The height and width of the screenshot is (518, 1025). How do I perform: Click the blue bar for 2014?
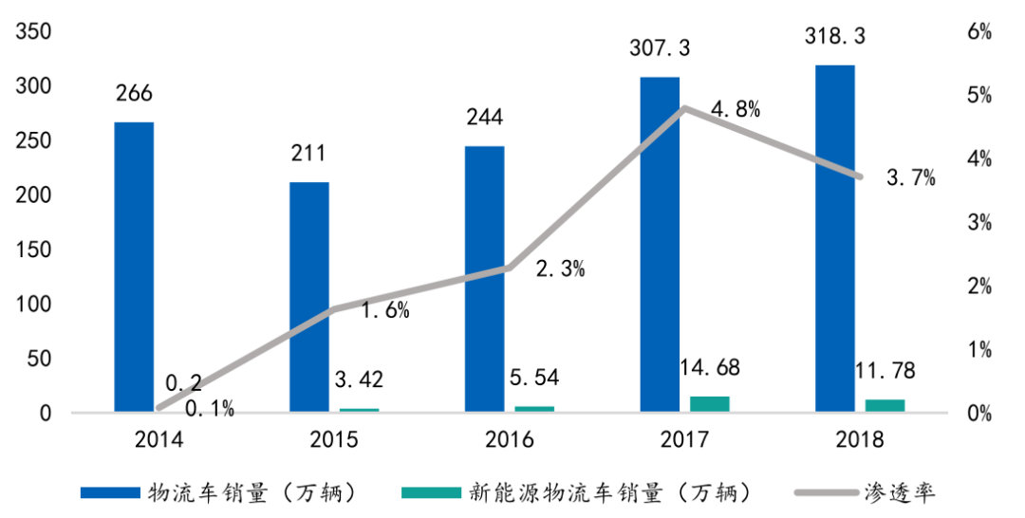click(x=134, y=267)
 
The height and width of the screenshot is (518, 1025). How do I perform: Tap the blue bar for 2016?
click(x=485, y=279)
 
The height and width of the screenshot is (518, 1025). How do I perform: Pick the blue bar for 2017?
click(x=660, y=244)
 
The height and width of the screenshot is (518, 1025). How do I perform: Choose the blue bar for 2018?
click(x=835, y=238)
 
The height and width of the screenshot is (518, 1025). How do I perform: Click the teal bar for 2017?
click(x=710, y=403)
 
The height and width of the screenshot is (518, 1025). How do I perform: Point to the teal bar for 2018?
click(x=885, y=405)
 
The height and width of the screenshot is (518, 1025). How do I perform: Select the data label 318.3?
click(x=835, y=37)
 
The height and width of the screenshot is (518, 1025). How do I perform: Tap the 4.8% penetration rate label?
click(x=735, y=109)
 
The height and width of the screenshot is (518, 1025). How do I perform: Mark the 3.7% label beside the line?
click(x=909, y=176)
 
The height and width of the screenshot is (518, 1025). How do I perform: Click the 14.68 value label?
click(x=709, y=367)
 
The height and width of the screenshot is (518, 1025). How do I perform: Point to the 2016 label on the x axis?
click(x=510, y=440)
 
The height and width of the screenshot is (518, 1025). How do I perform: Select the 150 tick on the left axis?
click(x=33, y=250)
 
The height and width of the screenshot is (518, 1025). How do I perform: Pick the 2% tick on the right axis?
click(x=979, y=287)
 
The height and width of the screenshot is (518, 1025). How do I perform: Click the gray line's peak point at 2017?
click(x=685, y=108)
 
